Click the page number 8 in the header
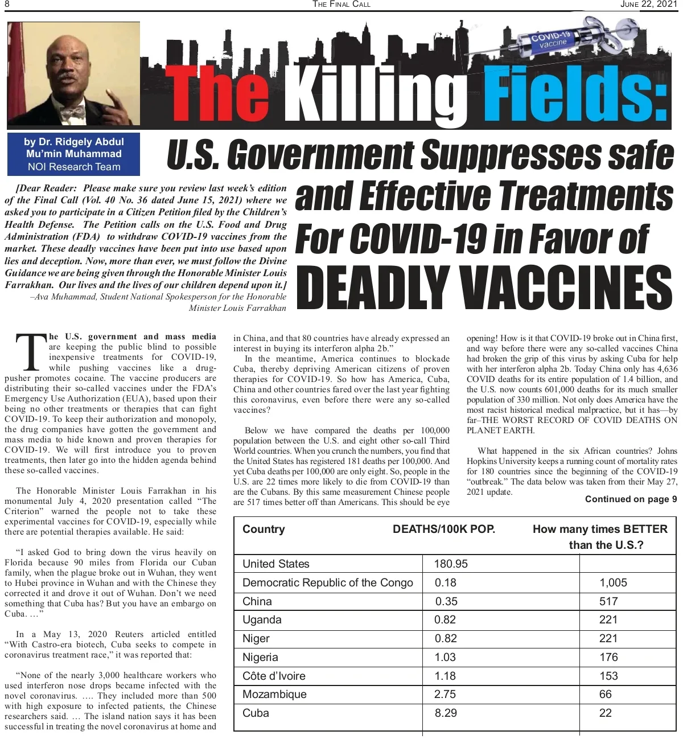[7, 5]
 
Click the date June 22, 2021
[648, 5]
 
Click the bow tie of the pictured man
[72, 112]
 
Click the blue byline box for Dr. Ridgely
[73, 154]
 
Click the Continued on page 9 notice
[631, 499]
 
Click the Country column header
[264, 529]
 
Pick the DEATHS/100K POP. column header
[444, 529]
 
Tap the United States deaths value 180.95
[451, 564]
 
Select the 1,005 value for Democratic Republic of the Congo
[613, 583]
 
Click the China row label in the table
[257, 602]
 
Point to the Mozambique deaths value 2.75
[445, 695]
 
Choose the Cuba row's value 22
[606, 713]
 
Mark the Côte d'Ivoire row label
[274, 676]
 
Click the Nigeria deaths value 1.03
[445, 658]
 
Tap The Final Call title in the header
[341, 5]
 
